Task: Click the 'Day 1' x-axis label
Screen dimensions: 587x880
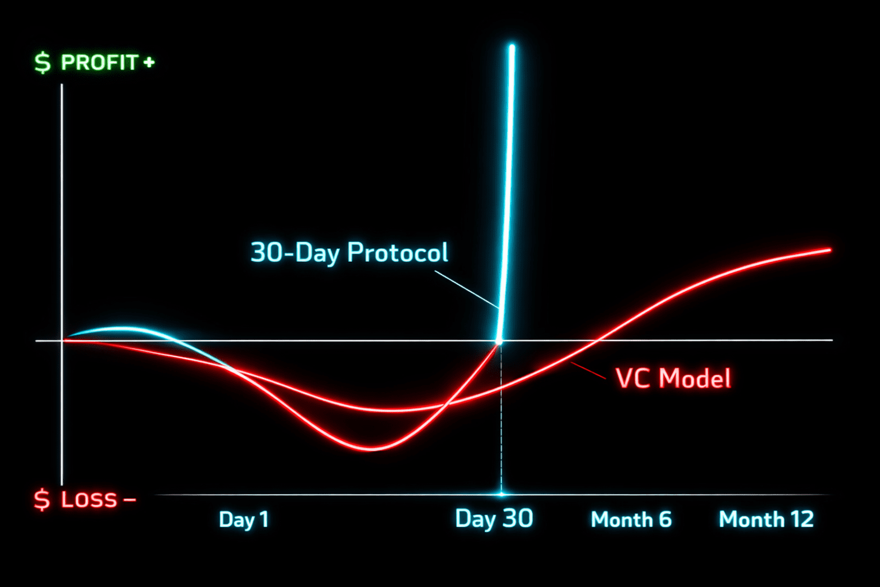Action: click(x=243, y=519)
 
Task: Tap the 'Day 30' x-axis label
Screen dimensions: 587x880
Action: click(x=494, y=518)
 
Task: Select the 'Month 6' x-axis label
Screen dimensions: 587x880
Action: click(x=631, y=519)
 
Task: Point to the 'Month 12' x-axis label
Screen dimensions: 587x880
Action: click(x=766, y=519)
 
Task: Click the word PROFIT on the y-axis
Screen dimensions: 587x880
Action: click(x=99, y=62)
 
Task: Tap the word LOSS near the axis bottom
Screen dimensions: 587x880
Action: click(x=89, y=499)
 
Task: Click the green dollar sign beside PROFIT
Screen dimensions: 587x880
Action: click(x=42, y=62)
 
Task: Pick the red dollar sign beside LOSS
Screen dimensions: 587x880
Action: click(x=42, y=500)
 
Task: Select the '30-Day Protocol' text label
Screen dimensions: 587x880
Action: click(x=349, y=252)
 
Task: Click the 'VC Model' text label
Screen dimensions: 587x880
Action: click(x=673, y=378)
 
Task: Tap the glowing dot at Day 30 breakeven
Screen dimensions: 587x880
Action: click(x=499, y=341)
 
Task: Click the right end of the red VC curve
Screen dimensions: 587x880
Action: click(x=828, y=250)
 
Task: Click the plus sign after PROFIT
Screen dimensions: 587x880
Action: click(x=150, y=62)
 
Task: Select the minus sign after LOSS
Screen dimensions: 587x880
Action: click(x=129, y=500)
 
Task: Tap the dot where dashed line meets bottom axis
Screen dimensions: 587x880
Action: click(x=501, y=494)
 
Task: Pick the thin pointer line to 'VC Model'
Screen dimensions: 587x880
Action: click(x=589, y=371)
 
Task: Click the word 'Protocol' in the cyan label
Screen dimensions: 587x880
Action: click(x=398, y=252)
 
